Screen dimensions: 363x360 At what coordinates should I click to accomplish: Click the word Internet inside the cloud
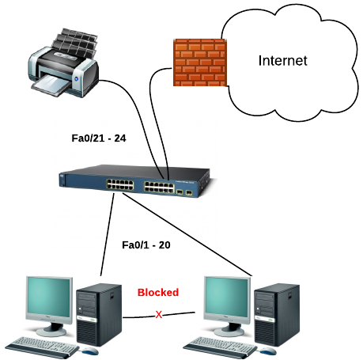tap(282, 61)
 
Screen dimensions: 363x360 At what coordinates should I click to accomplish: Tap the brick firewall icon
tap(200, 63)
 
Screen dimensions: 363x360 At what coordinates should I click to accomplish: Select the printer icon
tap(63, 63)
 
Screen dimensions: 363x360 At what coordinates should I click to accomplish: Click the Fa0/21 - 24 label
tap(99, 138)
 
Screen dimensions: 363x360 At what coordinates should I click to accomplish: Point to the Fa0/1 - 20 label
tap(146, 245)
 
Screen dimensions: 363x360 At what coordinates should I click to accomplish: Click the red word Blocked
tap(158, 292)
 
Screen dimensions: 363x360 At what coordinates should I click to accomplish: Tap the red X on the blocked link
tap(159, 314)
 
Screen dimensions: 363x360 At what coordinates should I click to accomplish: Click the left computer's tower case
tap(99, 315)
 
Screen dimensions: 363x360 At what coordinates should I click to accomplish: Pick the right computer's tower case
tap(277, 315)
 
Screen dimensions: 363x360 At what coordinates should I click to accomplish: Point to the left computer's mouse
tap(90, 351)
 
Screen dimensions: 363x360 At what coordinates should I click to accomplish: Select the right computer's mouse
tap(268, 351)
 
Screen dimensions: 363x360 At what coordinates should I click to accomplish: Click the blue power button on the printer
tap(77, 78)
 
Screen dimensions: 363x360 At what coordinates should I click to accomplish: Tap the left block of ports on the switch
tap(120, 184)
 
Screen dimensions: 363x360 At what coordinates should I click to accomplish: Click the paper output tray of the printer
tap(51, 85)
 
